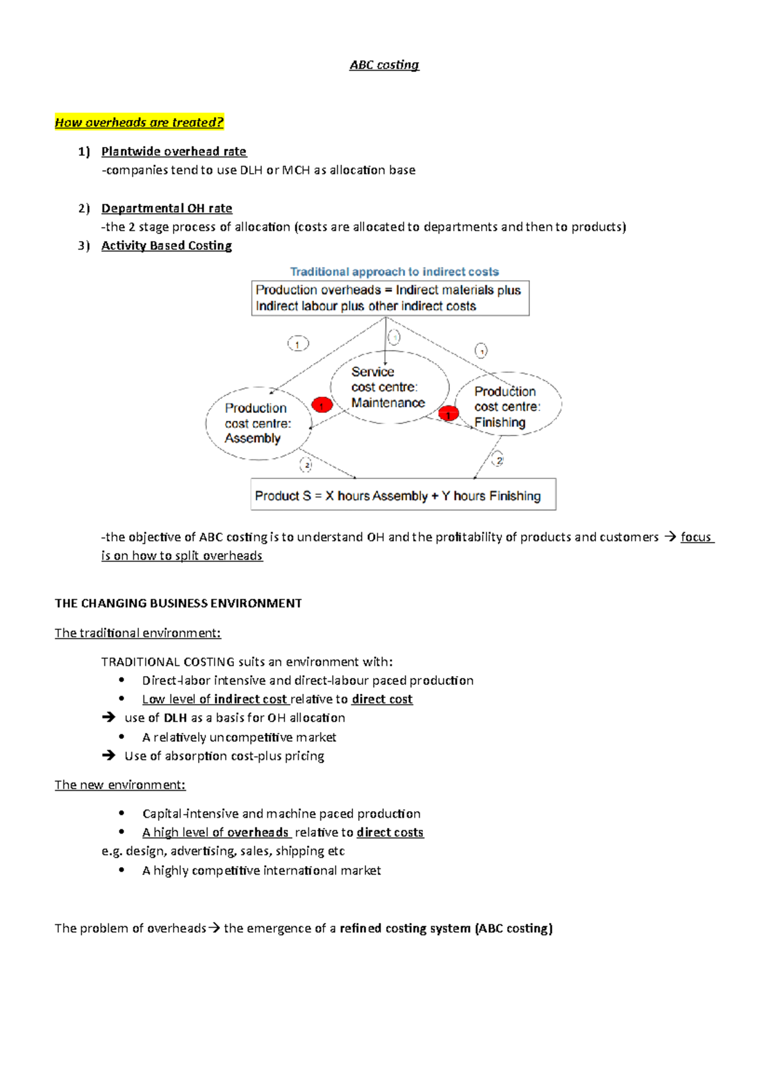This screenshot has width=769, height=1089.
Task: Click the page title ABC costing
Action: tap(384, 65)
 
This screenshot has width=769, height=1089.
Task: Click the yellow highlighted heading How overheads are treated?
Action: tap(139, 122)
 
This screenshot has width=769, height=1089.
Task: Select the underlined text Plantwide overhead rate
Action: tap(174, 151)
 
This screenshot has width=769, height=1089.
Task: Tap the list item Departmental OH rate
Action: tap(167, 208)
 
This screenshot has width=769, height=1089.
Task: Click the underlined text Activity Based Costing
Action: tap(167, 246)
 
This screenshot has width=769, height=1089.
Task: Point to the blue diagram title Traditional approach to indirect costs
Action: tap(394, 272)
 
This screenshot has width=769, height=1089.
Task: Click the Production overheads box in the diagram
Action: tap(390, 298)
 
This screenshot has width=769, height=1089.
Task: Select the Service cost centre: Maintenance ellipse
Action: tap(388, 387)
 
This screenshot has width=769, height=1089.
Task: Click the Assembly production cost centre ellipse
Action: tap(258, 423)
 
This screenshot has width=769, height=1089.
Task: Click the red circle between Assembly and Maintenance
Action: tap(322, 405)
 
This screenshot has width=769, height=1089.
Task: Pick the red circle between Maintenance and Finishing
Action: tap(449, 414)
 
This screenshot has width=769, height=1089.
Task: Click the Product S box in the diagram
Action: tap(402, 495)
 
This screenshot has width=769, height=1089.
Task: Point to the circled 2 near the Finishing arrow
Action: tap(499, 460)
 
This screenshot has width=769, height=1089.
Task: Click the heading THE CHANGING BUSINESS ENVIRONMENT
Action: tap(178, 604)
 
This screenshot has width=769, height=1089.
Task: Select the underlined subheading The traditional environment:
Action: tap(138, 633)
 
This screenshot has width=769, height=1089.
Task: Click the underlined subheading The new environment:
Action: tap(120, 785)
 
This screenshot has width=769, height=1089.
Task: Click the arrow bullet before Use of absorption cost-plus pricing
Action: tap(109, 756)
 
